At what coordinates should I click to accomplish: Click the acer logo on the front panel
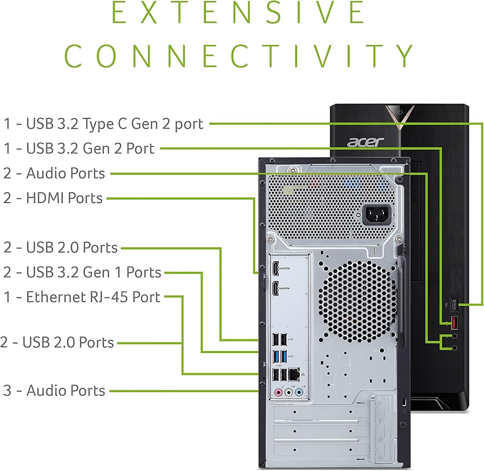click(x=365, y=142)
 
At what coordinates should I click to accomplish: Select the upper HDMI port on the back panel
click(x=275, y=268)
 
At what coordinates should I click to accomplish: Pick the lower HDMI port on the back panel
click(x=275, y=288)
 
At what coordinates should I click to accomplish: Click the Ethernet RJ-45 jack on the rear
click(x=294, y=374)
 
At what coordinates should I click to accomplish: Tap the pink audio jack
click(x=278, y=392)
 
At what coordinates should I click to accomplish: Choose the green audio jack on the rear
click(x=288, y=392)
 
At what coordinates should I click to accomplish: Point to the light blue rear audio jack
click(x=299, y=392)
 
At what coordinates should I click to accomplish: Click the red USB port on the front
click(x=454, y=323)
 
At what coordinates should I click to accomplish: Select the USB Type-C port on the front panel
click(x=454, y=305)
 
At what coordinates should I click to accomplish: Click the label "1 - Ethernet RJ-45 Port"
click(x=82, y=297)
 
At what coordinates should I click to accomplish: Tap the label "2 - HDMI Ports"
click(x=53, y=198)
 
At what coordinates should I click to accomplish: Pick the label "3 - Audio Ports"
click(x=54, y=391)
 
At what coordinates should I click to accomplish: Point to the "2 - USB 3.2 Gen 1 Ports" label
click(x=82, y=272)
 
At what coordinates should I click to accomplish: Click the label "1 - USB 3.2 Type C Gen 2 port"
click(x=104, y=124)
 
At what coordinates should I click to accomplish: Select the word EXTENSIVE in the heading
click(x=238, y=13)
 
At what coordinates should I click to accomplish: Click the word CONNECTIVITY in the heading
click(x=239, y=56)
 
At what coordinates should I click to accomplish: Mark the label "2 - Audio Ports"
click(x=54, y=173)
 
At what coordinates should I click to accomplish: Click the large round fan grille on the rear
click(x=358, y=302)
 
